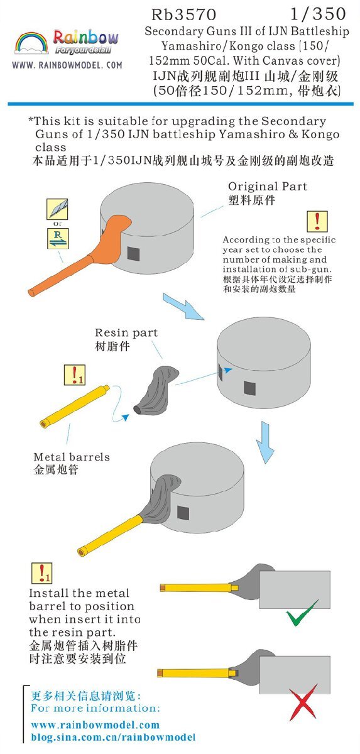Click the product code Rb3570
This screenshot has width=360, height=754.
pos(183,14)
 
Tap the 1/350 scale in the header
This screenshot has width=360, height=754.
pos(318,14)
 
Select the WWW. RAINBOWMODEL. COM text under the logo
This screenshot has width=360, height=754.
pos(67,65)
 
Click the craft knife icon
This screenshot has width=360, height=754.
pos(57,209)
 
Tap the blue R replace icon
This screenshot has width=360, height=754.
pos(58,238)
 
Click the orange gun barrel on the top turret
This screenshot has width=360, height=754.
pos(60,275)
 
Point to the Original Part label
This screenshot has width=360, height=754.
pos(268,186)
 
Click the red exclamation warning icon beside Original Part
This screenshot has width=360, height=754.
pos(317,221)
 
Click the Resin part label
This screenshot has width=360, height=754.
pos(126,332)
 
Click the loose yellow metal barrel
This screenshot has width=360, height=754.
pos(74,407)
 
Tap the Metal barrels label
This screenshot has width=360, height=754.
pos(72,457)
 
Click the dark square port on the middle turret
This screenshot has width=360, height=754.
pos(249,388)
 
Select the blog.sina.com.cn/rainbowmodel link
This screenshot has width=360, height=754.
pos(113,738)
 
